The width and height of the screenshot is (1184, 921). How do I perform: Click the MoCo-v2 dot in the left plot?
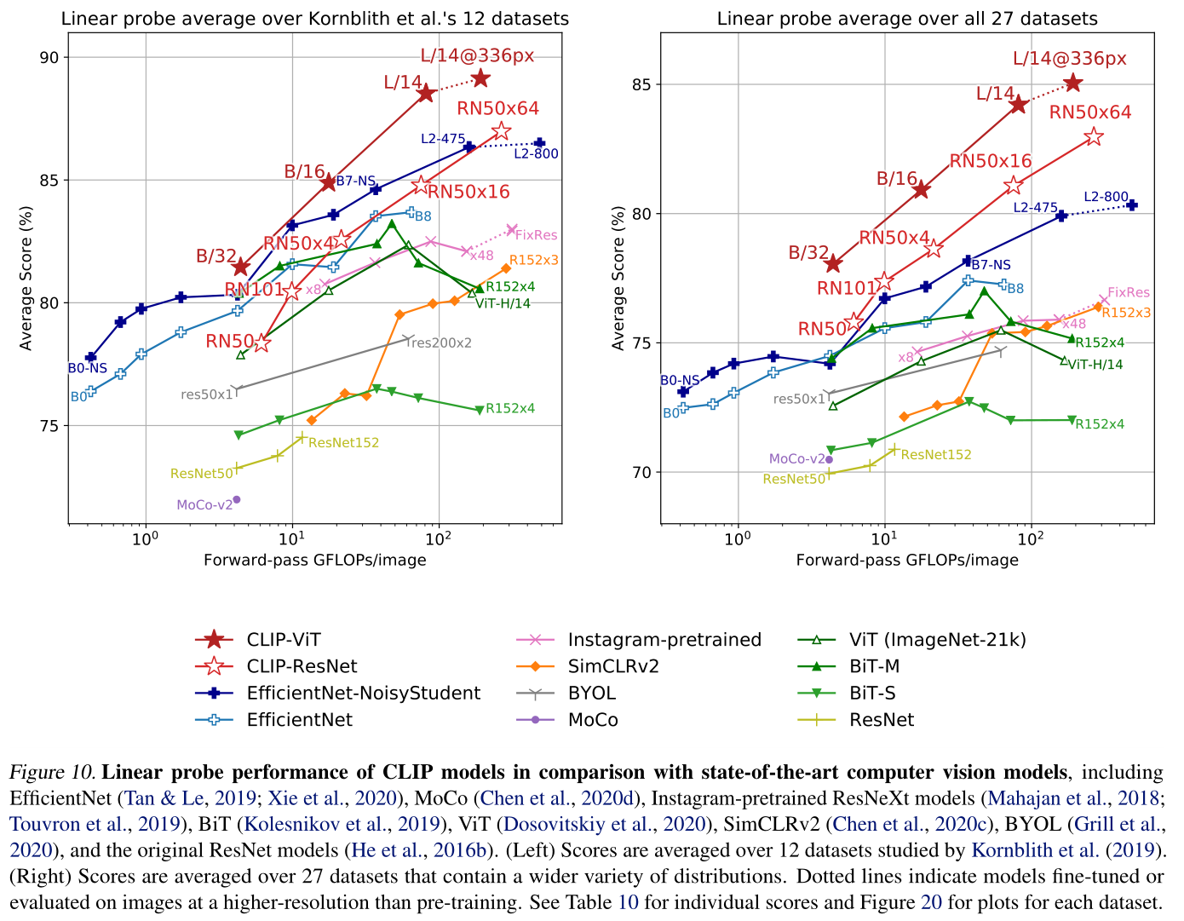click(237, 499)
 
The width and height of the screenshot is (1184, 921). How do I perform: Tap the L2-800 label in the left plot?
click(536, 154)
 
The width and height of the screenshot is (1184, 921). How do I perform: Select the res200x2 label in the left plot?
click(440, 343)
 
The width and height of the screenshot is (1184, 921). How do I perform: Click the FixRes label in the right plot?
click(1129, 293)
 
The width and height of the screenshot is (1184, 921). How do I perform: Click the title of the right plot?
click(907, 19)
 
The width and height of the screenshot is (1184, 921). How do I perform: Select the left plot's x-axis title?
click(315, 560)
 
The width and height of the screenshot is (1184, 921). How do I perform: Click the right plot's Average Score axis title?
click(619, 278)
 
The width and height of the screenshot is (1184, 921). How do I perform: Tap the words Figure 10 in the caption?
click(52, 773)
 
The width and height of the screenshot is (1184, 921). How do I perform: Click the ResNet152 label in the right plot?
click(936, 455)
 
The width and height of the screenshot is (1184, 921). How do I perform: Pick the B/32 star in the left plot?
click(240, 268)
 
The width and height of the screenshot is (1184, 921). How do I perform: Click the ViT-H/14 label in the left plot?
click(503, 303)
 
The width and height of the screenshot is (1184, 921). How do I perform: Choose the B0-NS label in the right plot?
click(680, 380)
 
